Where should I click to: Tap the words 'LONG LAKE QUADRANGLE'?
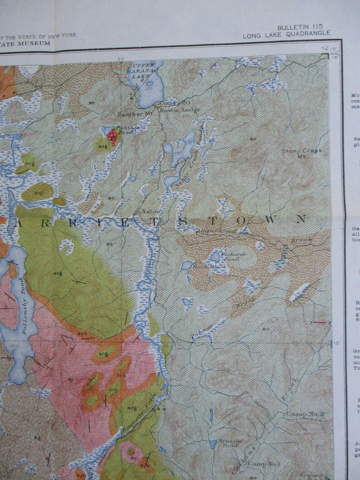point(287,34)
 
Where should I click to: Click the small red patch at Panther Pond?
point(112,135)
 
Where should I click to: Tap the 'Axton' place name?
point(151,211)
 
